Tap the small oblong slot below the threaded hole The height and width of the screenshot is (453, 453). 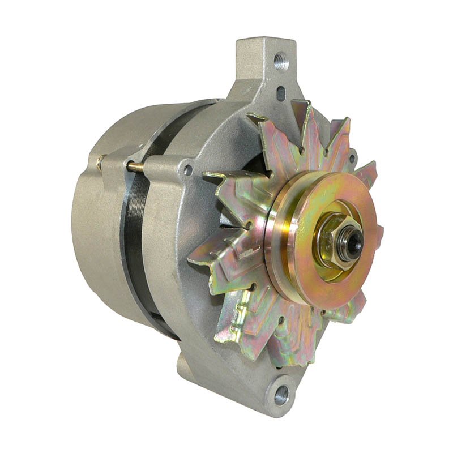(281, 92)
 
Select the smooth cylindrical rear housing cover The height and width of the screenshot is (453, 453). (102, 238)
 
